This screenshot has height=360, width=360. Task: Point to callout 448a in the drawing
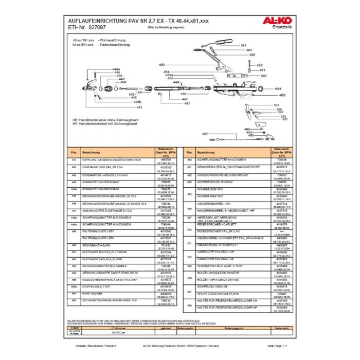coord(116,69)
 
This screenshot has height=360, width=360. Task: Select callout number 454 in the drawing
coord(278,88)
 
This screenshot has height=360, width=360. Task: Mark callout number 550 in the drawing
coord(263,76)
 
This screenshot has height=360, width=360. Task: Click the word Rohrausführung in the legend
coord(113,40)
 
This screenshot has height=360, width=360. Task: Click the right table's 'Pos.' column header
coord(189,153)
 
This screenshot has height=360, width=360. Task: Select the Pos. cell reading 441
coord(74,161)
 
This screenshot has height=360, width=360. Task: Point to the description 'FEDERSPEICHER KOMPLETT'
coord(214,224)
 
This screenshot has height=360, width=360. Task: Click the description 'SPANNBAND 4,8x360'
coord(93,245)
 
